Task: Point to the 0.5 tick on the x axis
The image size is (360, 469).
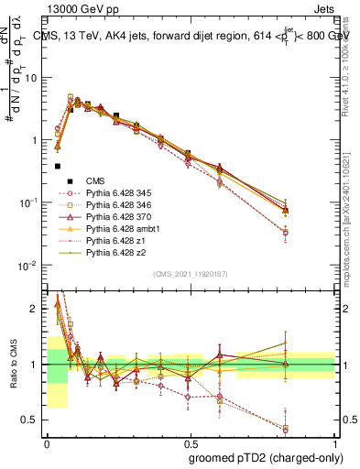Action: (x=191, y=442)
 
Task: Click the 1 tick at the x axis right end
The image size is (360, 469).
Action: (x=335, y=442)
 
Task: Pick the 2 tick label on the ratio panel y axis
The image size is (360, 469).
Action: (x=37, y=309)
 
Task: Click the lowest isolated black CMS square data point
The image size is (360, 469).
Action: (x=58, y=167)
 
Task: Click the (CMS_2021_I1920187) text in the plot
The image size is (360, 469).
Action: (x=190, y=273)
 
